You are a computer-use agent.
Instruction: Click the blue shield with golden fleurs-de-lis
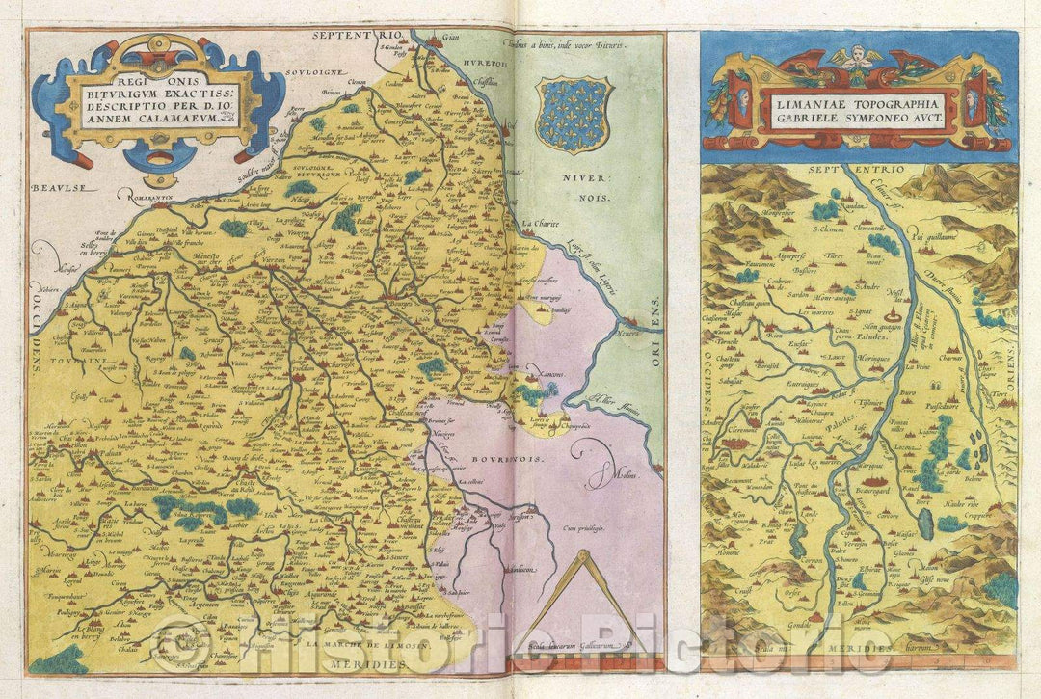click(574, 115)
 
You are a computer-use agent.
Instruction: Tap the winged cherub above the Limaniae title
click(856, 60)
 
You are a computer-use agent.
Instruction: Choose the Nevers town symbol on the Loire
click(628, 322)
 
